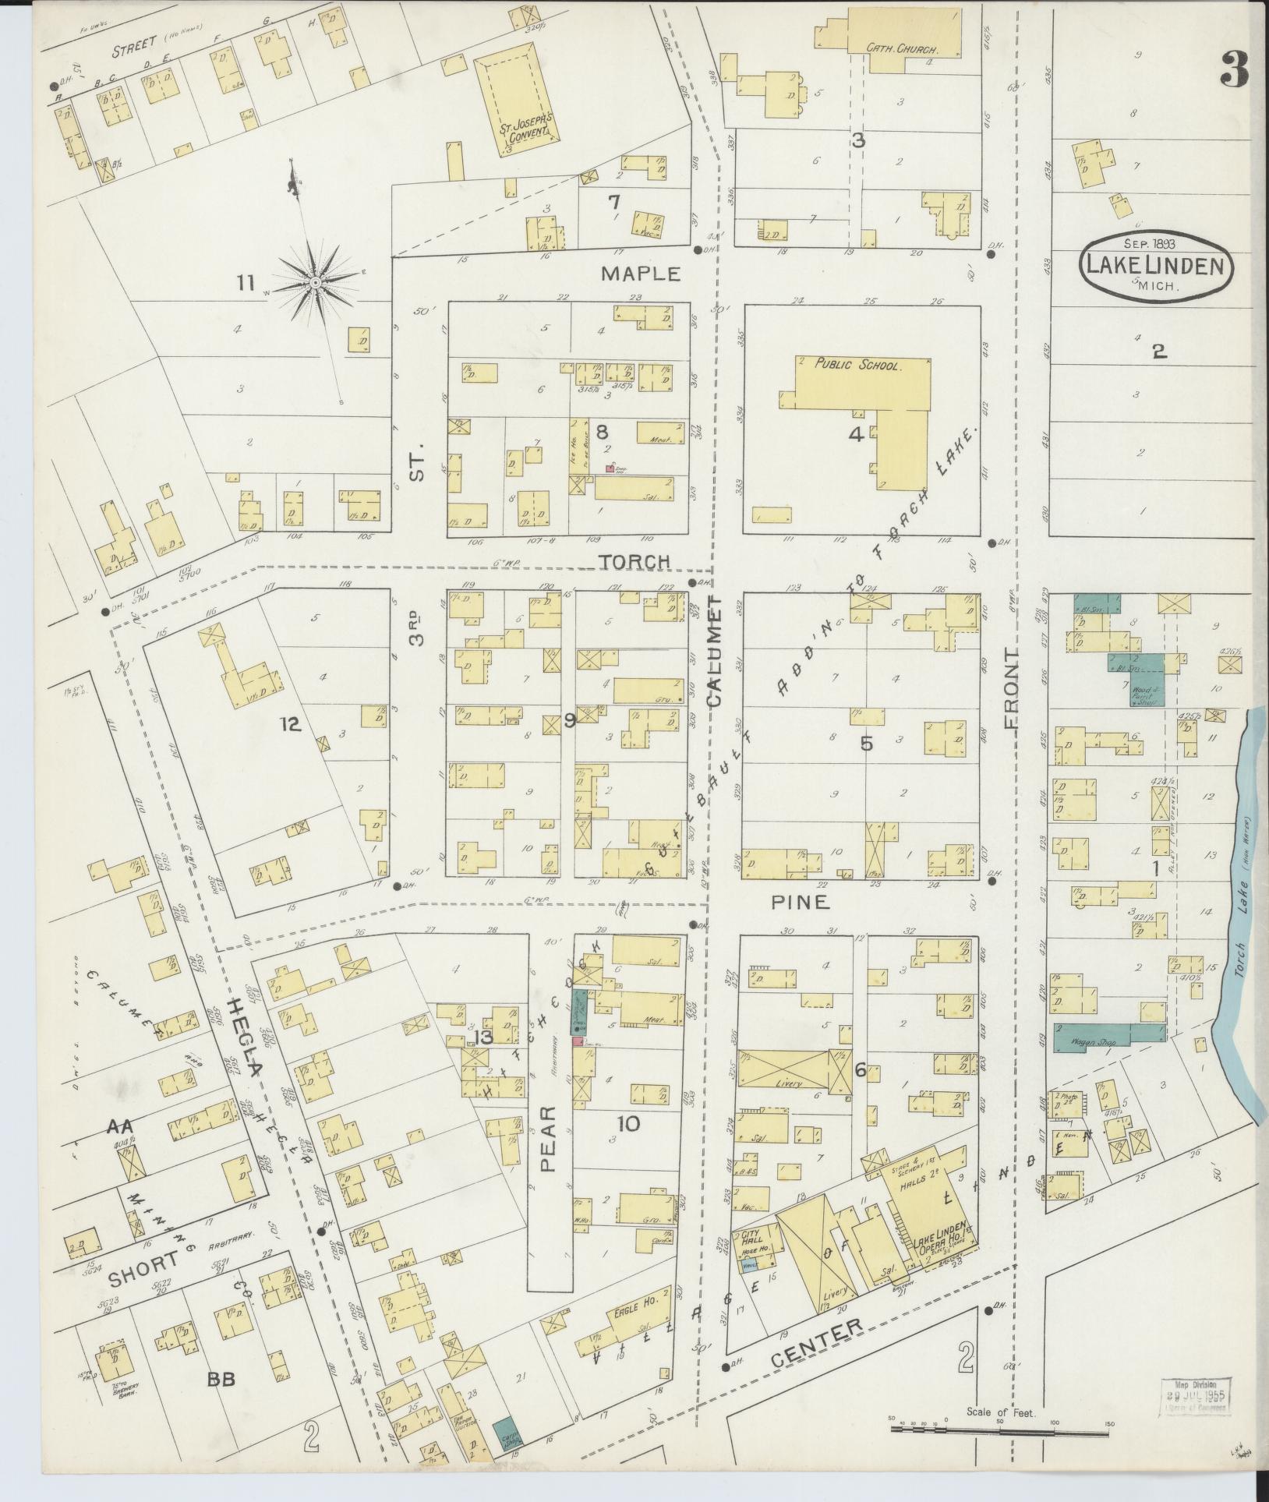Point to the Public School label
(x=858, y=364)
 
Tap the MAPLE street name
(x=641, y=274)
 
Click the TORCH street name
(x=634, y=561)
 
